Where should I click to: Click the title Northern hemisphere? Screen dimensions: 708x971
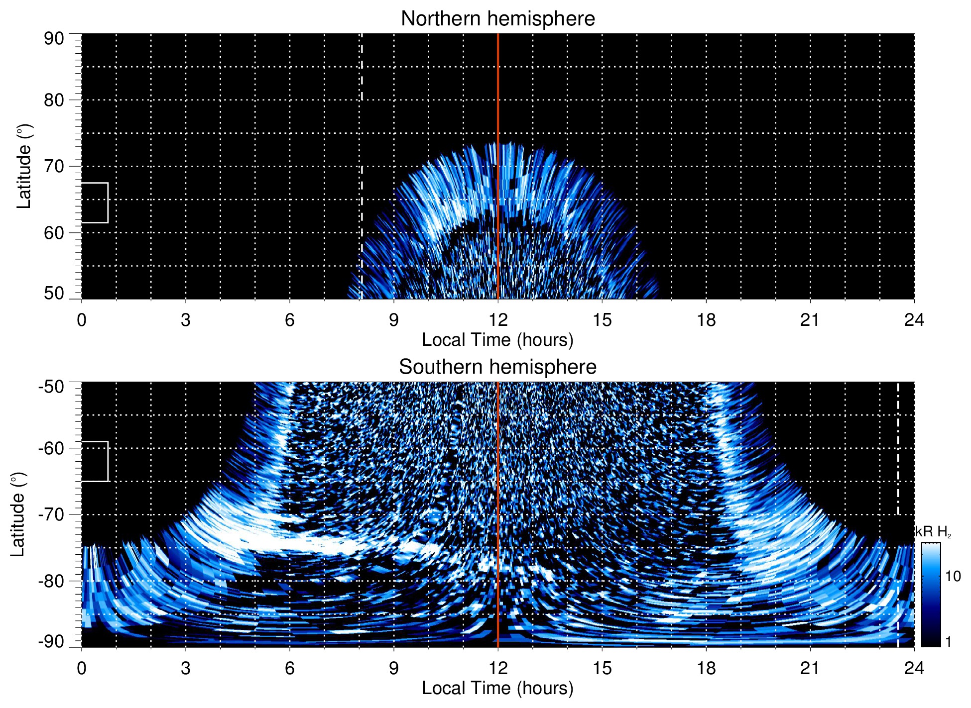[497, 19]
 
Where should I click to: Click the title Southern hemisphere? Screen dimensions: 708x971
[497, 367]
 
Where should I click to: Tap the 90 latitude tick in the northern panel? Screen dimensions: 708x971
[54, 39]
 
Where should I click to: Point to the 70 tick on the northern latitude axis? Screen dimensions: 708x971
[54, 166]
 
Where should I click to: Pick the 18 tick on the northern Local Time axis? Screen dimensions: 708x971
[706, 320]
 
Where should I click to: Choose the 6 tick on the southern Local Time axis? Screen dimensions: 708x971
[289, 668]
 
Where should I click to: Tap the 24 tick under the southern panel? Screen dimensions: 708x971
[914, 668]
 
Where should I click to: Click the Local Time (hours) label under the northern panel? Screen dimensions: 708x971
[497, 340]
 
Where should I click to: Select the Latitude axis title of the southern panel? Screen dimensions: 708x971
[18, 514]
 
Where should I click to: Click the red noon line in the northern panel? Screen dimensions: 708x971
[498, 100]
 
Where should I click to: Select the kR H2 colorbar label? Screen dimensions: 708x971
[933, 532]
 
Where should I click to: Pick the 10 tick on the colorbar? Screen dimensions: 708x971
[953, 577]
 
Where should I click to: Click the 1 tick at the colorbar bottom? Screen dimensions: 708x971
[948, 642]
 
